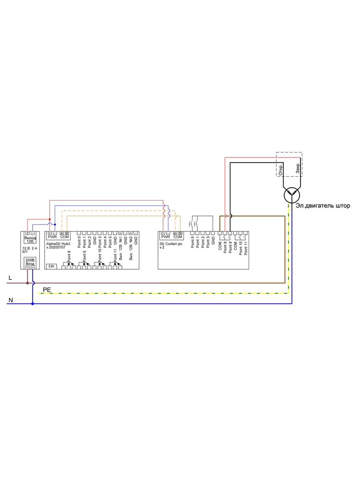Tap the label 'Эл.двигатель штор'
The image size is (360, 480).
(x=322, y=206)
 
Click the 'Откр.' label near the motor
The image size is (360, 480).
(x=280, y=169)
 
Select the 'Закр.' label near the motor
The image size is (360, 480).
(x=298, y=168)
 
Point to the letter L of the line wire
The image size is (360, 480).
(x=10, y=278)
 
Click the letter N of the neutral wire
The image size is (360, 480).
(x=10, y=300)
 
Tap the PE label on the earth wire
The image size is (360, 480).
(x=47, y=290)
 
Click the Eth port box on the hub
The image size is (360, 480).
(x=51, y=266)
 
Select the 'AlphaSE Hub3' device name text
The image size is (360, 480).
(x=58, y=244)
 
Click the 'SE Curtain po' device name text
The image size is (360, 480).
(x=171, y=244)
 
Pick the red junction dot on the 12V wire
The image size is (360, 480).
(x=49, y=219)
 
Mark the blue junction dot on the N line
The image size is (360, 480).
(x=32, y=303)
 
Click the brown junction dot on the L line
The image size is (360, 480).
(x=27, y=283)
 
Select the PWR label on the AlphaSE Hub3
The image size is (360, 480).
(x=52, y=237)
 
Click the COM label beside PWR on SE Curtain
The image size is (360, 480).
(x=178, y=237)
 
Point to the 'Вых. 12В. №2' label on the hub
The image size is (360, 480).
(x=131, y=248)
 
